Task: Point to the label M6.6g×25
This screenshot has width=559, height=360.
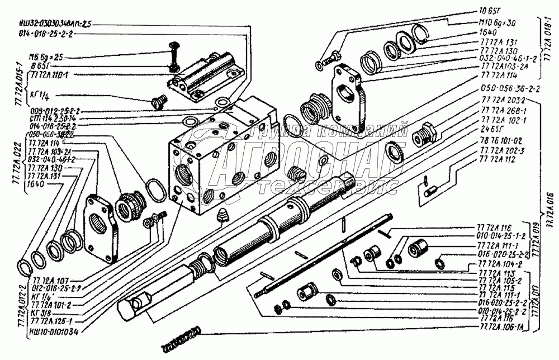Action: [x=48, y=56]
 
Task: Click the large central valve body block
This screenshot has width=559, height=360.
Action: [x=224, y=162]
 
